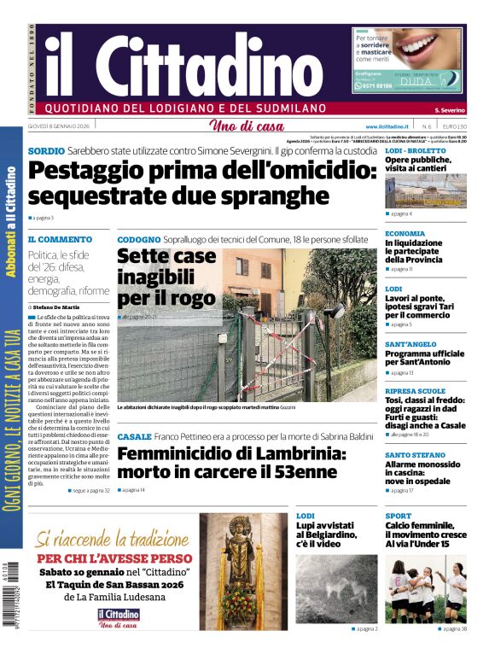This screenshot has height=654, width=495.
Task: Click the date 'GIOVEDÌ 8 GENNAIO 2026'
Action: [59, 126]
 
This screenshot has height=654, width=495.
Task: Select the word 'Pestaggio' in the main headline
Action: [95, 171]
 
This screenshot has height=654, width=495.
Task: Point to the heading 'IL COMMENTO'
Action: [60, 240]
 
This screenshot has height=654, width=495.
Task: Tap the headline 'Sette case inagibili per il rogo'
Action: [166, 277]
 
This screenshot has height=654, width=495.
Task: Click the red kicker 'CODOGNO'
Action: [138, 240]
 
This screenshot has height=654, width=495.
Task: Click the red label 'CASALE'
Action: [135, 437]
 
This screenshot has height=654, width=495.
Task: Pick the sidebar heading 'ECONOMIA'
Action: [405, 233]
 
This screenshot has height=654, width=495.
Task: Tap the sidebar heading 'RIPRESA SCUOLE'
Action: [416, 391]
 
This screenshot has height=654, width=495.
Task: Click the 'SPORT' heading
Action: [398, 516]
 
